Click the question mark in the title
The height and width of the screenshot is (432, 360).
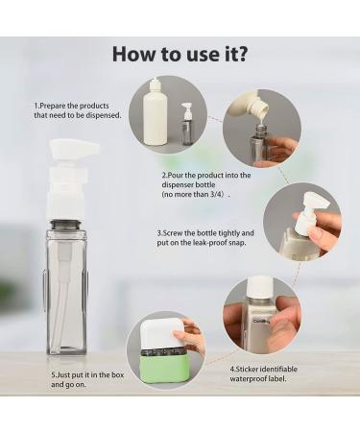pyautogui.click(x=242, y=54)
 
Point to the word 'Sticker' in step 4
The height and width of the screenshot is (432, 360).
pyautogui.click(x=246, y=369)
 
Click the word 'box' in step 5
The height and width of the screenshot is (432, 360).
pyautogui.click(x=117, y=374)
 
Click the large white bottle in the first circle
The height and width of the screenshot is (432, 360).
pyautogui.click(x=156, y=116)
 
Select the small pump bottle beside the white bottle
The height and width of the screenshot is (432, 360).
pyautogui.click(x=186, y=124)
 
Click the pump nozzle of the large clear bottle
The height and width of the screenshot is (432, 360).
pyautogui.click(x=75, y=149)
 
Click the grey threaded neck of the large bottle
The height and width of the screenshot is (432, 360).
pyautogui.click(x=66, y=224)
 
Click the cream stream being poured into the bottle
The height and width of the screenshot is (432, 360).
pyautogui.click(x=262, y=119)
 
